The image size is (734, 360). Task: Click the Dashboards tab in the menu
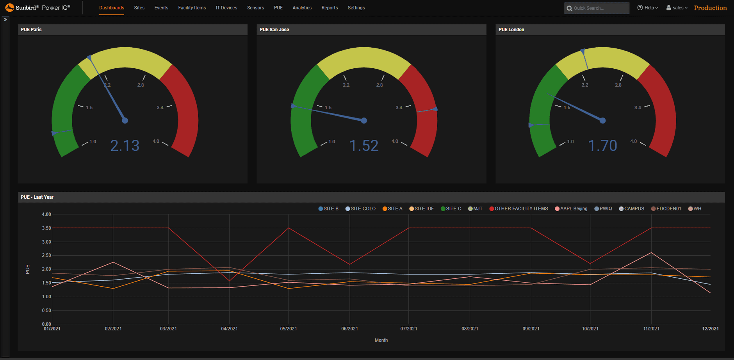(111, 8)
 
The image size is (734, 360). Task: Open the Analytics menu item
(302, 8)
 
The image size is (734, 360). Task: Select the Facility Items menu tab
(192, 8)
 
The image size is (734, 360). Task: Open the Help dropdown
(648, 8)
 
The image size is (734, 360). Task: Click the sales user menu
(677, 8)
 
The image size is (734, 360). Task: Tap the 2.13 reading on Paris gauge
(125, 146)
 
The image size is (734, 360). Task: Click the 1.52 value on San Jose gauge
(364, 146)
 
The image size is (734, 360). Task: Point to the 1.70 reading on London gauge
(602, 146)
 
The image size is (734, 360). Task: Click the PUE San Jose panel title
(274, 30)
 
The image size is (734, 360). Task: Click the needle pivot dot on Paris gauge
(125, 120)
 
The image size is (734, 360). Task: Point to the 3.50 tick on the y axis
(46, 228)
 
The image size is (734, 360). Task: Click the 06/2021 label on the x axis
(349, 329)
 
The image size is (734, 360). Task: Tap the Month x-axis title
(381, 340)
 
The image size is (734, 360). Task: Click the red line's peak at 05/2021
(289, 228)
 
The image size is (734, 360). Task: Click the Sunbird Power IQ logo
(37, 7)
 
